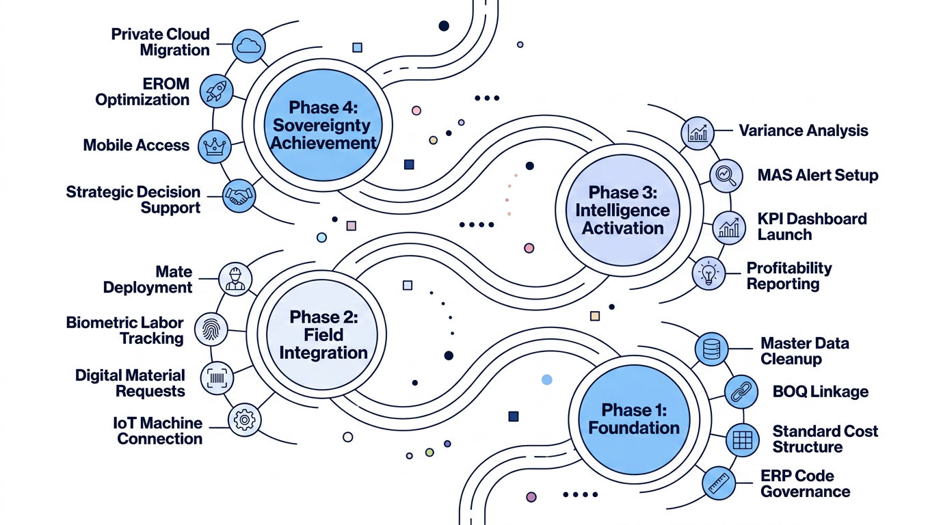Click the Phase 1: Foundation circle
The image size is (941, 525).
pos(634,420)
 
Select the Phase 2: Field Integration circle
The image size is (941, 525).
pos(323,335)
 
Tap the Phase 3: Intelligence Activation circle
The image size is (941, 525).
pos(622,210)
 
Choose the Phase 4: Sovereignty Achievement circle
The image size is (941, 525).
pos(323,125)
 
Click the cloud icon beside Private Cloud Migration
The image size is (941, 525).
pos(249,46)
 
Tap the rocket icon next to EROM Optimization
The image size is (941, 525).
pos(216,91)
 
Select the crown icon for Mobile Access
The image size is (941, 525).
pos(215,146)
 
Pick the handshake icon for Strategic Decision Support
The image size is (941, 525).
pos(239,196)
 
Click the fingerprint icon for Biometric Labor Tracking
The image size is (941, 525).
pos(211,329)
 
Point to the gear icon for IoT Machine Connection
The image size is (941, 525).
pos(245,420)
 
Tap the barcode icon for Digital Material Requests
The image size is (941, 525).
pos(217,378)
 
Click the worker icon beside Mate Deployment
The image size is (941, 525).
pos(235,280)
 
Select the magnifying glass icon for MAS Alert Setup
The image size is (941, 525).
pos(726,176)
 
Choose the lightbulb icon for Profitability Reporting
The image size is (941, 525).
pos(708,273)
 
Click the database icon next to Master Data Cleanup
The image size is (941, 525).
pos(712,349)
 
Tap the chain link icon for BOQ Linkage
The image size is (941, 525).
pos(741,392)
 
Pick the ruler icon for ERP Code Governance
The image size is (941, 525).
pos(719,483)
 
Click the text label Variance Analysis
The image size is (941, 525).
pos(804,131)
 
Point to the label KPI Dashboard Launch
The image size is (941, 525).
pos(812,227)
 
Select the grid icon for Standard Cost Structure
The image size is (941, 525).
pos(742,440)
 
